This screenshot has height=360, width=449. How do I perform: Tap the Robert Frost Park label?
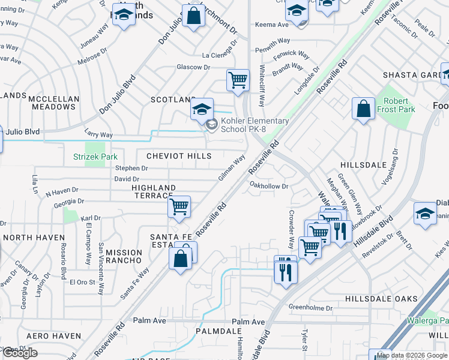click(396, 106)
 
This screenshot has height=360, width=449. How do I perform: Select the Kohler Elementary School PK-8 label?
click(255, 125)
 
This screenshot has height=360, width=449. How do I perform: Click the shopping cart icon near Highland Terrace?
click(179, 207)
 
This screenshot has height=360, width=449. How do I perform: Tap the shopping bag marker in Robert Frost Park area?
click(363, 109)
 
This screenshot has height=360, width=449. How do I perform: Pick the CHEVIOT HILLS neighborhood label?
click(179, 156)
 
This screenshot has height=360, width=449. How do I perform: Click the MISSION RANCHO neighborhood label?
click(124, 257)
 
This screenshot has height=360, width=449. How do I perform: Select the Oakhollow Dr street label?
click(269, 187)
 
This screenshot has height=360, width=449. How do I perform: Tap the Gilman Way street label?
click(232, 169)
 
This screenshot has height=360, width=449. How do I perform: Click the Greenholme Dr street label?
click(310, 308)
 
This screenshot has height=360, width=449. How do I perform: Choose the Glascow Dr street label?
click(193, 67)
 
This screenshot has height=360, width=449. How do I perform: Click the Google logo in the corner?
click(20, 353)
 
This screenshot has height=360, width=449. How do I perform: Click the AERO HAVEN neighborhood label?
click(54, 336)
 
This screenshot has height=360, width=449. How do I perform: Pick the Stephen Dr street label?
click(127, 169)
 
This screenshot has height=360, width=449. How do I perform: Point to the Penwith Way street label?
click(273, 40)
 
